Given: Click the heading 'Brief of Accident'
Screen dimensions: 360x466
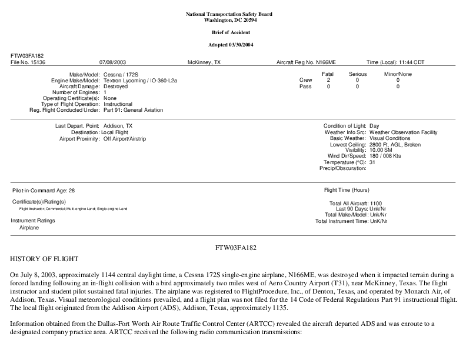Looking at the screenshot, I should point(232,32).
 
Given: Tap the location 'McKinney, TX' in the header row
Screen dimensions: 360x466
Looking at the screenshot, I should point(204,62).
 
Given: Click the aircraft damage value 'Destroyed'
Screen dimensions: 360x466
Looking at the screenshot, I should point(115,86).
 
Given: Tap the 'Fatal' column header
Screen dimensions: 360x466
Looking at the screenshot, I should point(328,74).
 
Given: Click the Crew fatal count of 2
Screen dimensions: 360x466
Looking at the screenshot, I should point(328,80).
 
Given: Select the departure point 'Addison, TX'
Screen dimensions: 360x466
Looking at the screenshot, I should point(118,126).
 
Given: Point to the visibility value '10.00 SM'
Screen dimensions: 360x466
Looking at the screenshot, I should point(381,149).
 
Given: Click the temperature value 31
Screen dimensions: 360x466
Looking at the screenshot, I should point(372,162).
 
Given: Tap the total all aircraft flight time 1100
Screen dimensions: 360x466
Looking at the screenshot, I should point(376,204).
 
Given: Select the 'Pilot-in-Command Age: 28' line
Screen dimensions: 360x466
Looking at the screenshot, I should point(44,191).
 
